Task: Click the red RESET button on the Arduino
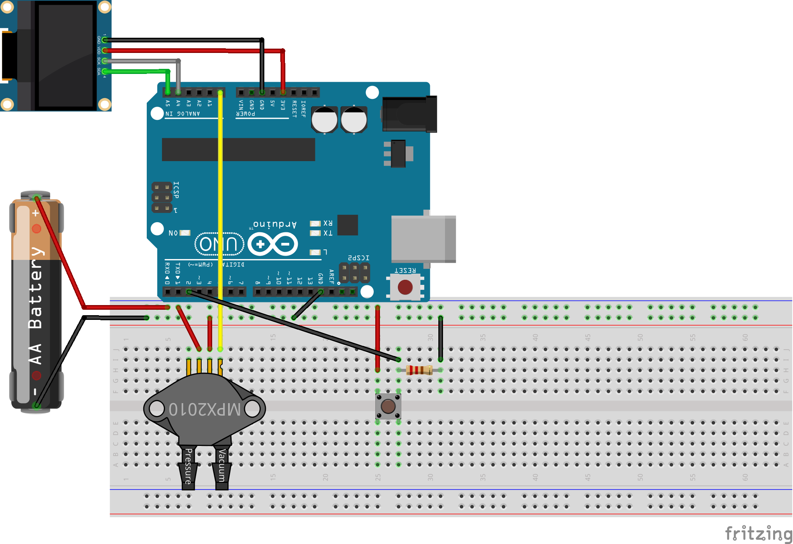click(x=405, y=287)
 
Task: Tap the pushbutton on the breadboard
click(x=388, y=406)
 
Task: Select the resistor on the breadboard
click(x=419, y=370)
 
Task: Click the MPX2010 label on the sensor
click(x=204, y=409)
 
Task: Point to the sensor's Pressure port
click(x=188, y=467)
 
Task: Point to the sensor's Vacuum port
click(x=222, y=467)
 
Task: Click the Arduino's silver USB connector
click(x=424, y=239)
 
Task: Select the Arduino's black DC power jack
click(x=409, y=114)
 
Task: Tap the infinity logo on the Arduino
click(x=273, y=244)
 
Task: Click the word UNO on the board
click(x=219, y=244)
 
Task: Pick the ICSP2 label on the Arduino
click(x=358, y=258)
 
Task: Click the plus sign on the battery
click(x=35, y=213)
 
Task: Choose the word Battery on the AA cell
click(x=36, y=288)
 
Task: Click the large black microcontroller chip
click(x=238, y=149)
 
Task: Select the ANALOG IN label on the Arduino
click(x=183, y=114)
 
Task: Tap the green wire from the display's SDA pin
click(x=136, y=71)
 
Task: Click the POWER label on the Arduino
click(x=246, y=114)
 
